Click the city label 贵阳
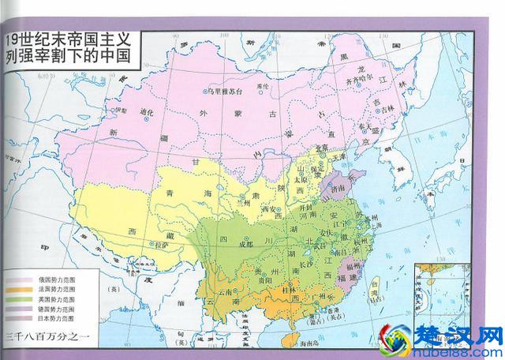(264, 279)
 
